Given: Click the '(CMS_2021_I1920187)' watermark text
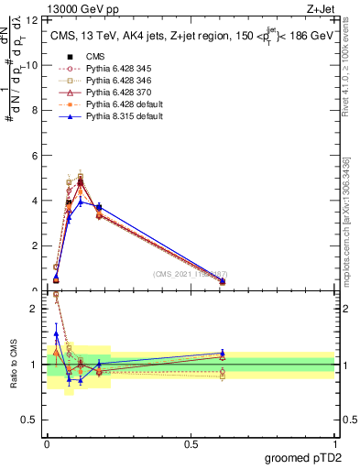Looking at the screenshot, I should [x=190, y=273].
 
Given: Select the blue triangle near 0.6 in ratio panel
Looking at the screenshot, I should [x=223, y=353].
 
